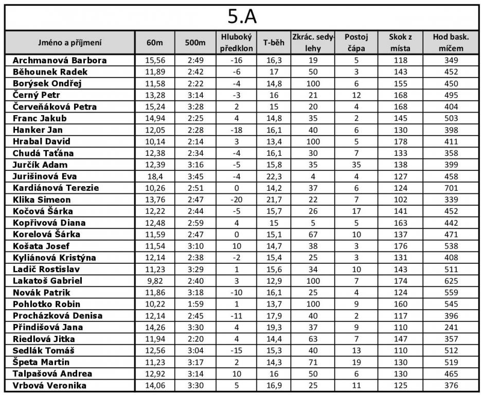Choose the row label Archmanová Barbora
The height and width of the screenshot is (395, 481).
point(60,60)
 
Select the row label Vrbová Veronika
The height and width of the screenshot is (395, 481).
point(49,385)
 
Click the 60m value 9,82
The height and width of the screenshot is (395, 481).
point(154,281)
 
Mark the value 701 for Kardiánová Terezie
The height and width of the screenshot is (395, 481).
point(451,188)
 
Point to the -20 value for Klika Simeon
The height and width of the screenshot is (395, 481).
point(236,200)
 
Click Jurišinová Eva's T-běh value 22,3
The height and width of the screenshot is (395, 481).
point(274,176)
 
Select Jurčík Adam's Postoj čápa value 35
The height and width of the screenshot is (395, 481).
point(356,165)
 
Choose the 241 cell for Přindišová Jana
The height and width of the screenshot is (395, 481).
point(451,327)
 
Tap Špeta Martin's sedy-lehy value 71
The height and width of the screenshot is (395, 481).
point(312,362)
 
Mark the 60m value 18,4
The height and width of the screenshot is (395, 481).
point(154,176)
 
